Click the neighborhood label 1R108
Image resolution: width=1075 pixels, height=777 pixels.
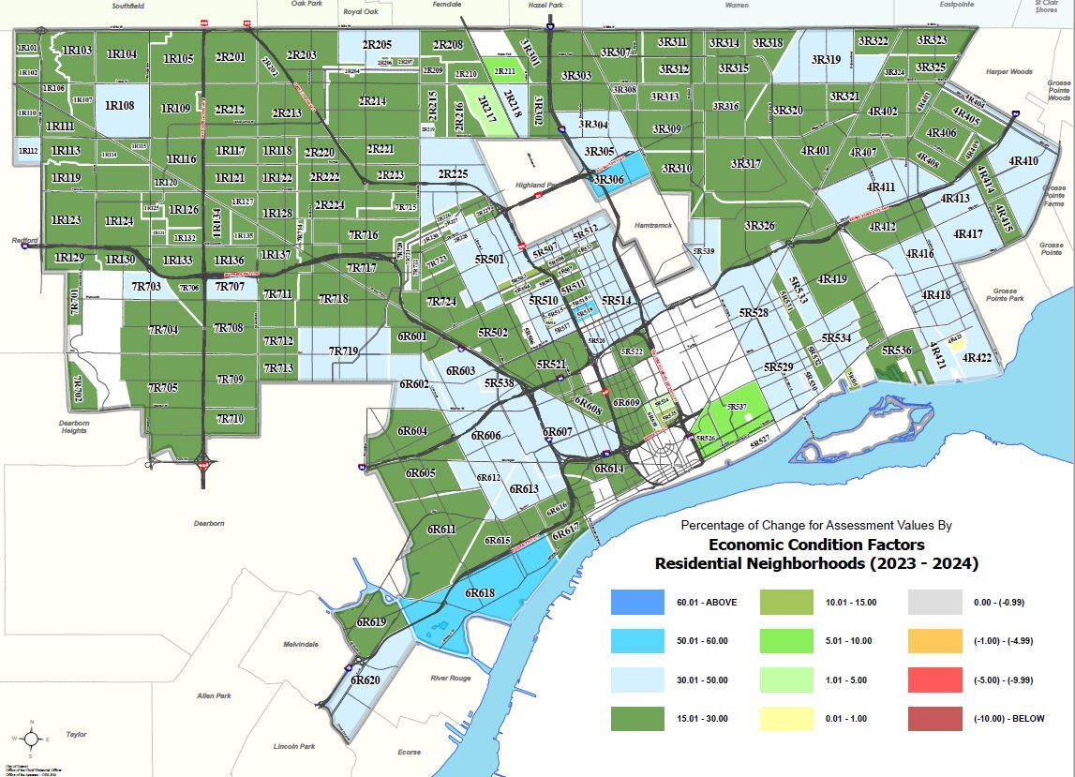[x=120, y=106]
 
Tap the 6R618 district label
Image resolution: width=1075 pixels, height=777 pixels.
[x=480, y=592]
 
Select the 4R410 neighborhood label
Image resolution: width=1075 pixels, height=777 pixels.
[x=1023, y=161]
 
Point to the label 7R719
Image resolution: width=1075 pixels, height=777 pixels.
[x=343, y=351]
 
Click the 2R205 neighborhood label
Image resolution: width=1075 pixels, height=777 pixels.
[x=377, y=45]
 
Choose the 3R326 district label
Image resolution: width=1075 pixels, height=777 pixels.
[x=759, y=226]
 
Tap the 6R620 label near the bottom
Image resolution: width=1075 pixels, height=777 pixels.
[x=365, y=680]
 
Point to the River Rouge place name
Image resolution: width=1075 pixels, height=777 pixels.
[x=451, y=678]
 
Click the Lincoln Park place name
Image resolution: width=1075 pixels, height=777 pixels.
[x=294, y=746]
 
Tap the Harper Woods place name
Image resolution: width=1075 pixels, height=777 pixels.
[x=1008, y=72]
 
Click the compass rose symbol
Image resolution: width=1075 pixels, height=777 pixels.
[x=31, y=739]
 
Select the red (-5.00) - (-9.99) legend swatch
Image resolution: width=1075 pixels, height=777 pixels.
[x=934, y=680]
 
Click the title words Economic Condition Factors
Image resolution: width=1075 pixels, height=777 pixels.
[x=815, y=545]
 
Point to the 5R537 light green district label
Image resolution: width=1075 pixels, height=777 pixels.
[x=737, y=407]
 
